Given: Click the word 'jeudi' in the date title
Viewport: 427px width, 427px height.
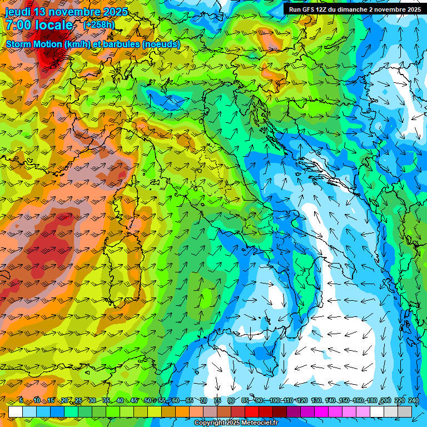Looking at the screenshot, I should click(18, 12).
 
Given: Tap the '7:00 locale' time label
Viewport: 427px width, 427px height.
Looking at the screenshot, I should click(39, 25).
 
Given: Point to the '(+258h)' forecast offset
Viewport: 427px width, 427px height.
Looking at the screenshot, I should click(99, 24).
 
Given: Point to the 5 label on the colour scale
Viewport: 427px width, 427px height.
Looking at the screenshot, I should click(21, 401).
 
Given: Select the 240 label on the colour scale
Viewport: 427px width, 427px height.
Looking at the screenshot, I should click(414, 401).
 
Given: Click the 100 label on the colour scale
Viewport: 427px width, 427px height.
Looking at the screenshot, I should click(274, 401).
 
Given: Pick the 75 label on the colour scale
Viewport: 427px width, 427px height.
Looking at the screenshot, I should click(217, 401).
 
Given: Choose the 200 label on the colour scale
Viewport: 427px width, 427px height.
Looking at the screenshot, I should click(385, 401).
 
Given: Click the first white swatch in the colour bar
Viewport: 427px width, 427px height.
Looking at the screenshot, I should click(16, 411).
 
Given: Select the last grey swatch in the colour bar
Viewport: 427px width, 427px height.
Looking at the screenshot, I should click(405, 411).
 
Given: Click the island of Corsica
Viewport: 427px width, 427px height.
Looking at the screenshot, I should click(127, 195).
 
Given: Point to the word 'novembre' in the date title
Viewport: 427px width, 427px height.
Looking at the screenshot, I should click(75, 12).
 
